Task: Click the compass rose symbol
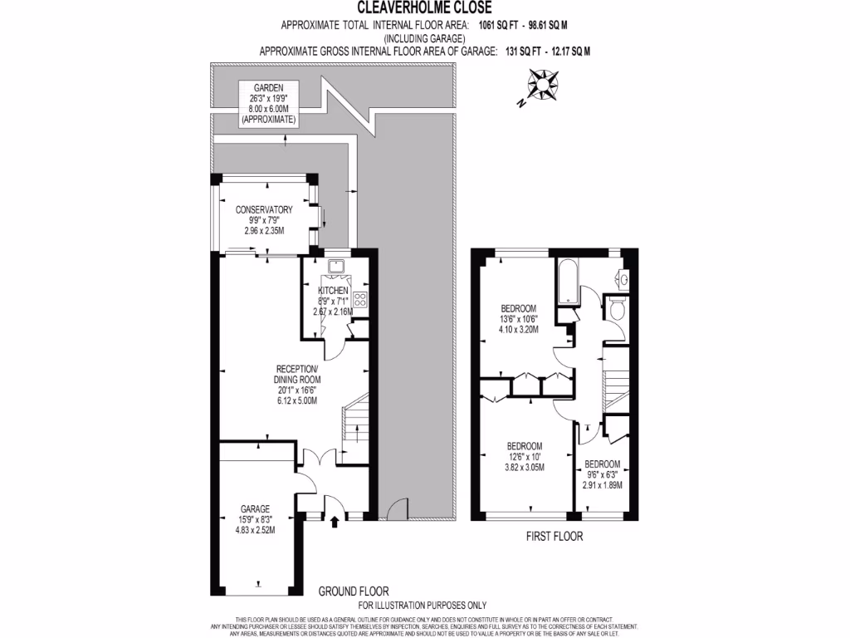545,83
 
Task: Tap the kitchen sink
337,267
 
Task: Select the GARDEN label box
269,103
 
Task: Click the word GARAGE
256,508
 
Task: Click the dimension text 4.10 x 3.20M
519,329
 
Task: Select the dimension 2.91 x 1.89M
602,485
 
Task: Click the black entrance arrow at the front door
335,523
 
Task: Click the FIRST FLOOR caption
554,537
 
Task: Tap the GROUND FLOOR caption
354,591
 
